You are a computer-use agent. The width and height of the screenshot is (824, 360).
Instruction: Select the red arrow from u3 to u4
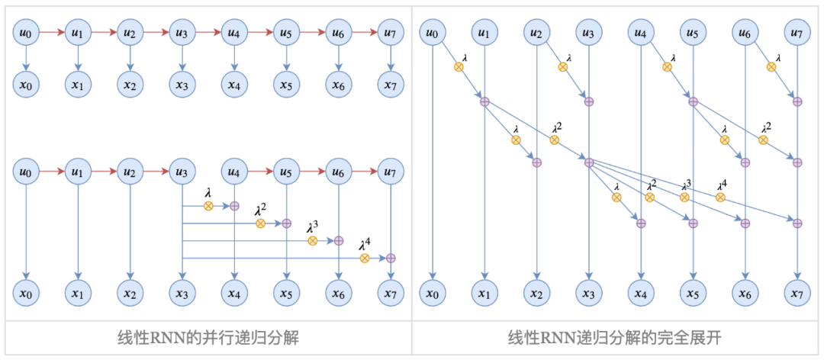pos(208,33)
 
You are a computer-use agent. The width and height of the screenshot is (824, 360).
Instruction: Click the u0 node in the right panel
pos(433,33)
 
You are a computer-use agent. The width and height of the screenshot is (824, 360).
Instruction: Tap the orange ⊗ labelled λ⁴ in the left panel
pos(365,259)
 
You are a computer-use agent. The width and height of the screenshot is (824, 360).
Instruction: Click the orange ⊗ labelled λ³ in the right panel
pos(684,197)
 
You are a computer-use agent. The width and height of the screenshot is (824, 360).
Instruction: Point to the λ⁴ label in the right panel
pos(722,185)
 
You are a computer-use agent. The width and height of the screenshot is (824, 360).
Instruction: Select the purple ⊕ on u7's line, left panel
pos(391,259)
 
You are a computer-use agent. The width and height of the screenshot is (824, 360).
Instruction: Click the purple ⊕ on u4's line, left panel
pos(234,206)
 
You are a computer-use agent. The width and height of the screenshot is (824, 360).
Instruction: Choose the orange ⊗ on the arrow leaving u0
pos(459,67)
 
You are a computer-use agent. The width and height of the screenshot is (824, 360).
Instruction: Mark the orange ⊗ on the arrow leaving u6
pos(771,67)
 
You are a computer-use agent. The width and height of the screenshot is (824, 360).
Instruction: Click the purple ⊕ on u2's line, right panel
pos(536,162)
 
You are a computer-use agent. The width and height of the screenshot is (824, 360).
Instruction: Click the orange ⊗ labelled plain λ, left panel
pos(208,206)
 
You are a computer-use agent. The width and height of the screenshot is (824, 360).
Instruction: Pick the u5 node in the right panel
pos(693,33)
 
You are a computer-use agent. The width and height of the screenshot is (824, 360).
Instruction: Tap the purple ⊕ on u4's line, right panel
pos(641,223)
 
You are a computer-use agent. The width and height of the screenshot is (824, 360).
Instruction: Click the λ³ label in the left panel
pos(312,227)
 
